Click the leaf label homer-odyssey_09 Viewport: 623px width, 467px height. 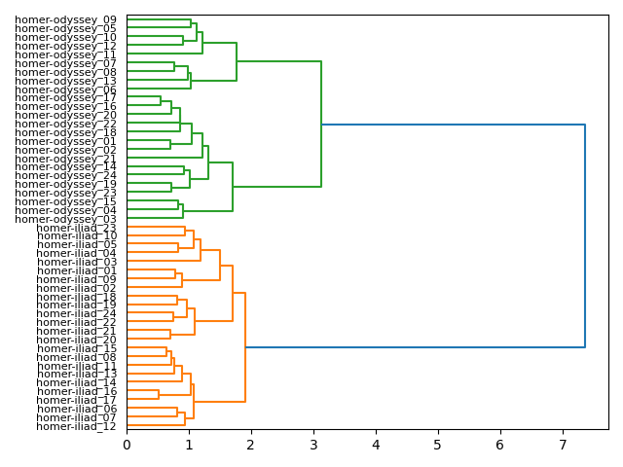click(x=65, y=19)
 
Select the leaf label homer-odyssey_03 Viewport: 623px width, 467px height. click(x=65, y=219)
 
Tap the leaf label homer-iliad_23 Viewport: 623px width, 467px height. click(x=77, y=228)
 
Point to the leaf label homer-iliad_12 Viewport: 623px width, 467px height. click(x=77, y=426)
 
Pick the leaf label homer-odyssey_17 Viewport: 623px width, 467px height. click(x=65, y=97)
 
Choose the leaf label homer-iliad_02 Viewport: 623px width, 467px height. click(x=77, y=288)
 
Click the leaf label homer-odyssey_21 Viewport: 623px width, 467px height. click(x=65, y=158)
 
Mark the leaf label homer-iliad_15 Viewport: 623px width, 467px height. click(x=77, y=348)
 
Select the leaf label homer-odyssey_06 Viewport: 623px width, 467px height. click(x=65, y=89)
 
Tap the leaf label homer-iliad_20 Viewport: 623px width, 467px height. click(x=77, y=340)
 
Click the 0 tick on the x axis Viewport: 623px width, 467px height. click(x=127, y=444)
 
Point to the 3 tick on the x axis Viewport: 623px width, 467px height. click(x=313, y=444)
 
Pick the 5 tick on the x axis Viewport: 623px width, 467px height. click(x=438, y=444)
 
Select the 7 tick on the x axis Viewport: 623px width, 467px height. click(x=563, y=444)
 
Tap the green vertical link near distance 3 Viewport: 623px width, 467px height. click(x=321, y=124)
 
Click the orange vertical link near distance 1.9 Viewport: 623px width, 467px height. click(x=245, y=347)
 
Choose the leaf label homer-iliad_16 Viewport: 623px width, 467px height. click(x=77, y=391)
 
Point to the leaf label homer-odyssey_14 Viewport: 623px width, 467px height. click(x=65, y=166)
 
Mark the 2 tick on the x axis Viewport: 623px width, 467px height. click(x=251, y=444)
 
